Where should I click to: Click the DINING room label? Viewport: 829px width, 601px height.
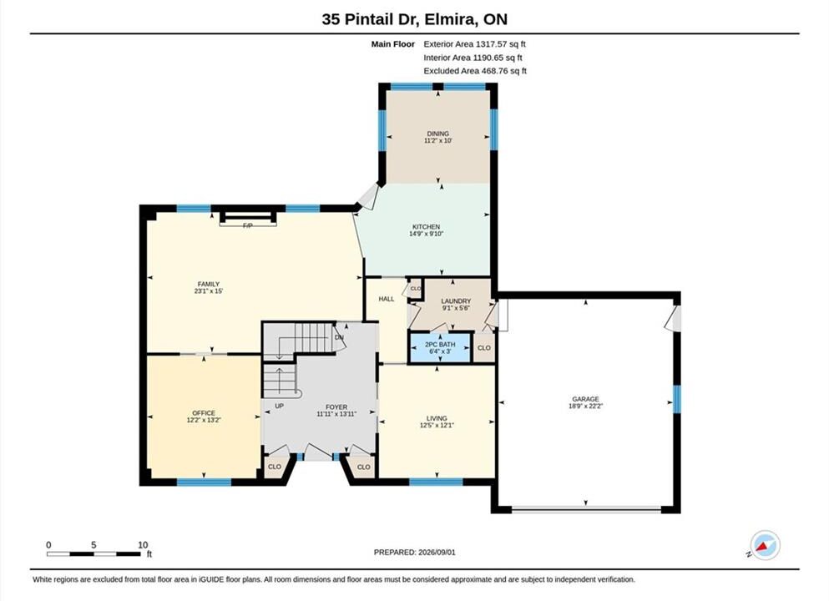click(437, 134)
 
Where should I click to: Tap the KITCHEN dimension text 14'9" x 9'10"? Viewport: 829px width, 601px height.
click(426, 234)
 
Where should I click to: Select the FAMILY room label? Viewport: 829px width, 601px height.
click(209, 285)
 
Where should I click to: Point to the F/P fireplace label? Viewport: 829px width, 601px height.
click(247, 225)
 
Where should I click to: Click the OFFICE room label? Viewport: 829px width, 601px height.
click(204, 413)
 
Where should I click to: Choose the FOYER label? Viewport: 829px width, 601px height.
click(336, 407)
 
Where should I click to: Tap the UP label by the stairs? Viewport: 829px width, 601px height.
click(279, 406)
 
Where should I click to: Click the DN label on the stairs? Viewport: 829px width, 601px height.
click(339, 337)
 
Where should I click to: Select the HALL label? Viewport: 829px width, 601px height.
click(387, 299)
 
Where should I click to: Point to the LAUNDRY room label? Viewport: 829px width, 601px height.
click(456, 300)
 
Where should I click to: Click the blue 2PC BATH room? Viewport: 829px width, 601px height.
click(440, 347)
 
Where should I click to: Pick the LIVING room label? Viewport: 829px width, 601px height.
click(437, 418)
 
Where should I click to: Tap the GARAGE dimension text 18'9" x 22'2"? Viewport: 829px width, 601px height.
click(585, 406)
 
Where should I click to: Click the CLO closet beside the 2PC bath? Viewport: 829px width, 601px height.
click(483, 348)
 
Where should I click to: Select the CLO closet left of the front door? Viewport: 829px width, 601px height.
click(275, 467)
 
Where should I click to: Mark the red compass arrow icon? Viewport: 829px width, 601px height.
click(764, 546)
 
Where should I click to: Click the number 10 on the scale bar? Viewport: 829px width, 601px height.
click(143, 545)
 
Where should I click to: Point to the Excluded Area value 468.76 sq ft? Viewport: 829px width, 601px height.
click(504, 71)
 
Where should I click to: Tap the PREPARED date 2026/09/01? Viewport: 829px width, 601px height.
click(437, 553)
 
